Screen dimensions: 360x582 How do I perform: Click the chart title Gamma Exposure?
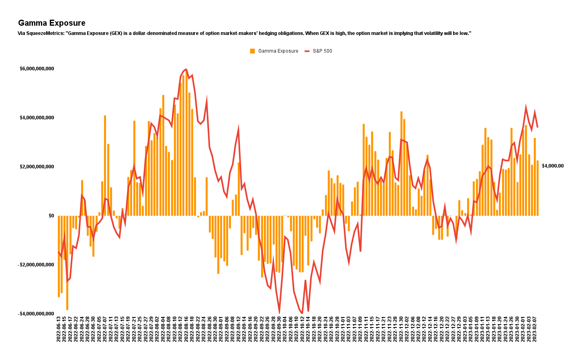pyautogui.click(x=52, y=23)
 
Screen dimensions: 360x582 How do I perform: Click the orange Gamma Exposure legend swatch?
pyautogui.click(x=252, y=51)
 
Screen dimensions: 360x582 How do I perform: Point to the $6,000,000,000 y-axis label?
pyautogui.click(x=37, y=69)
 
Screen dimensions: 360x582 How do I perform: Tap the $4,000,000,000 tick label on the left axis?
pyautogui.click(x=37, y=118)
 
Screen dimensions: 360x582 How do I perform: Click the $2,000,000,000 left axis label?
pyautogui.click(x=37, y=167)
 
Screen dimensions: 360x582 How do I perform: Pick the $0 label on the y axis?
pyautogui.click(x=51, y=216)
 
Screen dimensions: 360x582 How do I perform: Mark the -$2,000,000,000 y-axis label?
pyautogui.click(x=36, y=265)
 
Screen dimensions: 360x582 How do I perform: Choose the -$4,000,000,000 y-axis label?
pyautogui.click(x=36, y=314)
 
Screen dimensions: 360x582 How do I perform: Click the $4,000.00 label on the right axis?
pyautogui.click(x=553, y=166)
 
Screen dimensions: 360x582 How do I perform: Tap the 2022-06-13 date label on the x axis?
pyautogui.click(x=59, y=329)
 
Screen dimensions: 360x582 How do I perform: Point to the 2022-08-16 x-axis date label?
pyautogui.click(x=186, y=329)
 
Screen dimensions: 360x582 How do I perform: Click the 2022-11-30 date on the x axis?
pyautogui.click(x=401, y=329)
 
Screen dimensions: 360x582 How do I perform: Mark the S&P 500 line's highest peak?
pyautogui.click(x=186, y=69)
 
